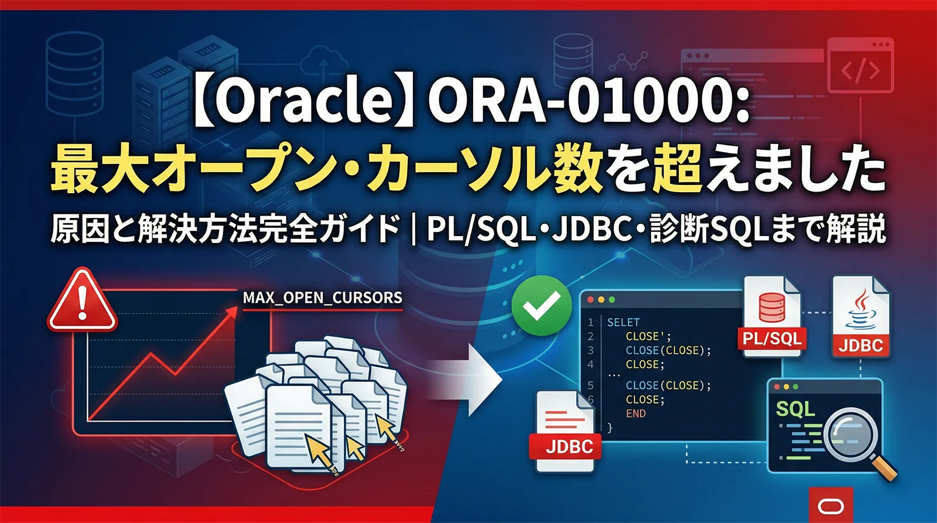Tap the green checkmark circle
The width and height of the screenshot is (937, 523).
[541, 305]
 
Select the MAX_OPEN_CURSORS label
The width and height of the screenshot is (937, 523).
[323, 298]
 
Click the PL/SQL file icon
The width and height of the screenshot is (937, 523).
[772, 316]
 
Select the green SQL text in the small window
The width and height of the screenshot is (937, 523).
[795, 408]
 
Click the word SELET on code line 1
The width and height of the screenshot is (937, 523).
[623, 322]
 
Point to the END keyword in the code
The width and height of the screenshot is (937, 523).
[635, 413]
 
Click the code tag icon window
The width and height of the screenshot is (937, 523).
[860, 66]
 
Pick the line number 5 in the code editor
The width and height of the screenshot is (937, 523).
[590, 385]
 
